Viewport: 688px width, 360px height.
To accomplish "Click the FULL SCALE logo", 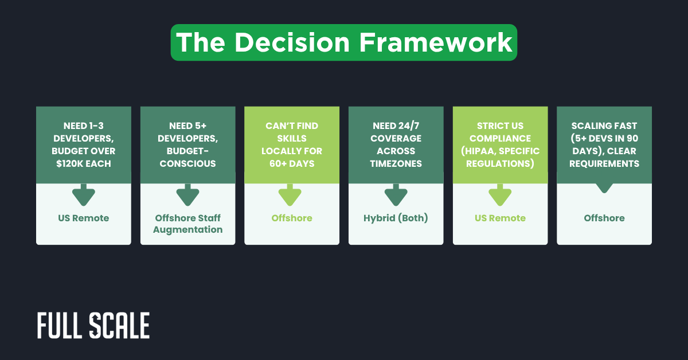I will (93, 326).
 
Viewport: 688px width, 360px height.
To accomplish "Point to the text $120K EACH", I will (84, 163).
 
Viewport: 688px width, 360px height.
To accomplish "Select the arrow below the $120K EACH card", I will (84, 195).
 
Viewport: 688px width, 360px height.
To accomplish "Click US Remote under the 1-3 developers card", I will (84, 218).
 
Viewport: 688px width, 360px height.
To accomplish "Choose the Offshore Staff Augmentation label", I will (188, 224).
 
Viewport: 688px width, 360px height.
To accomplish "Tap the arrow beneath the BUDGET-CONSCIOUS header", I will (188, 195).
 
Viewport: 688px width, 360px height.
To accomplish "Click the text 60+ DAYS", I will (292, 163).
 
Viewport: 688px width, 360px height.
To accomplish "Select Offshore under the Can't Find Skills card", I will (292, 218).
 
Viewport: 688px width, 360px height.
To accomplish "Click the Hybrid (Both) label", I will (396, 218).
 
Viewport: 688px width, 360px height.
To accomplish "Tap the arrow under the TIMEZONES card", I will (396, 195).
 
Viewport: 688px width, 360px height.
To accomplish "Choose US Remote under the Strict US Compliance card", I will (500, 218).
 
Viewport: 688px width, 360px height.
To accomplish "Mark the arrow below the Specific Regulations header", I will (500, 195).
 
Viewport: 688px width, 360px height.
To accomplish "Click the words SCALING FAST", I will (604, 126).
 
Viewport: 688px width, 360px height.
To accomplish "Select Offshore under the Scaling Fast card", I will (604, 218).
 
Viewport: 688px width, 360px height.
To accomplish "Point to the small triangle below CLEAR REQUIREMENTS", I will (604, 187).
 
